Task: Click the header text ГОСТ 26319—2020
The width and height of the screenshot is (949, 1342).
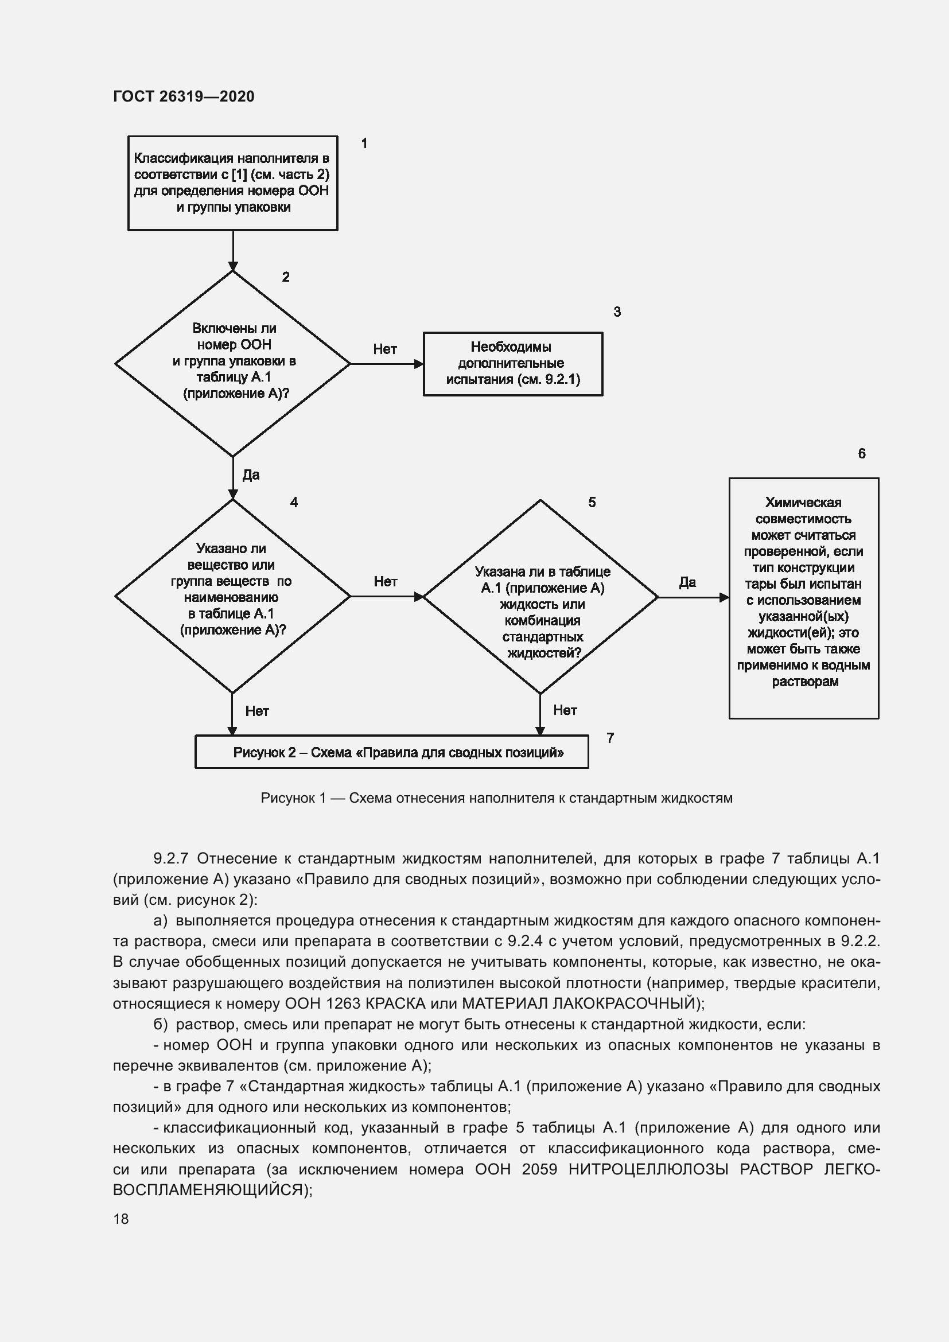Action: click(184, 96)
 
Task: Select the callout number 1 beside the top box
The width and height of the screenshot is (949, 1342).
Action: click(364, 143)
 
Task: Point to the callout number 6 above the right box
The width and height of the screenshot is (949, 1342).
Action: click(861, 454)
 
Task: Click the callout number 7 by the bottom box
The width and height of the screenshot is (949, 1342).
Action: click(610, 738)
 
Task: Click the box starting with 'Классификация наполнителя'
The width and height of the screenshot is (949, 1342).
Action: click(232, 183)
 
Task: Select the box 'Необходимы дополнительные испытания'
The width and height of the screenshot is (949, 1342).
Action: click(512, 364)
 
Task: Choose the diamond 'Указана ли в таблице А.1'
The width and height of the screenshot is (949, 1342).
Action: click(540, 596)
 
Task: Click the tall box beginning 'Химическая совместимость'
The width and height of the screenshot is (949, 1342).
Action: click(803, 597)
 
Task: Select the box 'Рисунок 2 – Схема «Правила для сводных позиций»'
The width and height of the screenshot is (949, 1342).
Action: click(391, 752)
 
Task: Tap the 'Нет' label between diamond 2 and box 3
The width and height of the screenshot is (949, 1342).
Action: click(385, 349)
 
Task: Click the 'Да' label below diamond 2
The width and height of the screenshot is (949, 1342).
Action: click(251, 474)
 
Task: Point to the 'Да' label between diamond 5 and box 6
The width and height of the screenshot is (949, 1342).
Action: click(687, 582)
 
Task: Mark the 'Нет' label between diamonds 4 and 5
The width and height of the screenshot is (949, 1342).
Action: click(385, 582)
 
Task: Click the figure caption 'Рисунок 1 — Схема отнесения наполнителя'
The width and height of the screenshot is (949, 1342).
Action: click(496, 799)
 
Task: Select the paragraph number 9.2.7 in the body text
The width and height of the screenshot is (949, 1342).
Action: click(170, 859)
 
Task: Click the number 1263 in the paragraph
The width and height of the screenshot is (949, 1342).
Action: click(343, 1003)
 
